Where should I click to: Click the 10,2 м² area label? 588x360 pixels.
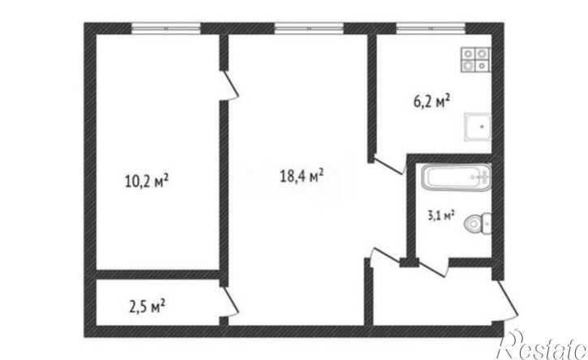pos(146,181)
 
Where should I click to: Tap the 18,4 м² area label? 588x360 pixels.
pos(303,175)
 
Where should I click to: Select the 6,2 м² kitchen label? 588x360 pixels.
pos(431,101)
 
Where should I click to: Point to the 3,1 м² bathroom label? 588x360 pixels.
pos(441,216)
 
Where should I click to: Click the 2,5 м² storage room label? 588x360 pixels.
pos(147,306)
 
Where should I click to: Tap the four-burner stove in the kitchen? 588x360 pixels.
pos(475,60)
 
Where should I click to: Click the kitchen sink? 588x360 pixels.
pos(478,126)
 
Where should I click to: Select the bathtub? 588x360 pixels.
pos(456,177)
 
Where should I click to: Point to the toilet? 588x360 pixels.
pos(478,224)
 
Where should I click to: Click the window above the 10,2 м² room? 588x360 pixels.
pos(166,28)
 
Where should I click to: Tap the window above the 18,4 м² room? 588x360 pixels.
pos(309,28)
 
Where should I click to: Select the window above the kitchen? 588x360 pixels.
pos(431,28)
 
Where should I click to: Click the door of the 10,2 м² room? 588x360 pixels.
pos(230,85)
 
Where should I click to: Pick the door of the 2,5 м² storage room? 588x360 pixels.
pos(230,302)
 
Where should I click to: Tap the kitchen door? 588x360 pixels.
pos(389,166)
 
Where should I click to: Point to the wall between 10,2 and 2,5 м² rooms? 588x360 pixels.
pos(157,274)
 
